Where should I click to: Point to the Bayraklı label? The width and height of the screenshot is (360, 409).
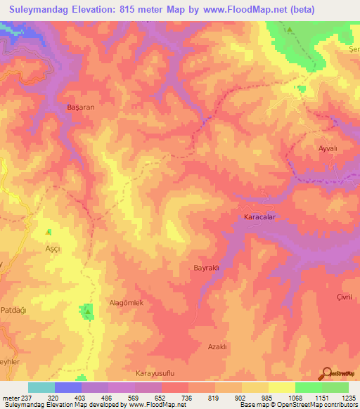click(207, 268)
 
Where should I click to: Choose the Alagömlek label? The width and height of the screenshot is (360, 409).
click(127, 303)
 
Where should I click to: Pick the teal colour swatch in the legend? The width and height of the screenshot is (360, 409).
click(41, 387)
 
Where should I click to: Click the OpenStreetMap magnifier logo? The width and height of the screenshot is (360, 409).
click(327, 375)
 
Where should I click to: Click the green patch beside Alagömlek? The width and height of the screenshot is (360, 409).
click(88, 311)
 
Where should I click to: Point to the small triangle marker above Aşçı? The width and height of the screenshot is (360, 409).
click(49, 232)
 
